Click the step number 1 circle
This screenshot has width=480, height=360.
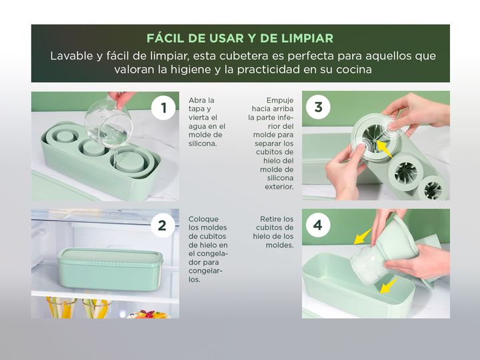[x=163, y=107]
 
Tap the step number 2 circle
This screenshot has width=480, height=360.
[x=162, y=225]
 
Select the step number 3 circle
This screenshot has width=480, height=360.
[x=319, y=107]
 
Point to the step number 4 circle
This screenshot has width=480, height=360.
[x=318, y=225]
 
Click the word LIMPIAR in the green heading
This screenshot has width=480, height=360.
[x=307, y=38]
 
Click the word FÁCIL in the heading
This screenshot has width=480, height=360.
[x=165, y=38]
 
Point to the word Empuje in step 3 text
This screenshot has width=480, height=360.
[x=280, y=101]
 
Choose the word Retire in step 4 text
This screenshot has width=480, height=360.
[x=271, y=219]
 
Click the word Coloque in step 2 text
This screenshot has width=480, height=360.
[x=203, y=219]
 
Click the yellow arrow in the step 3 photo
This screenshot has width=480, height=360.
[x=384, y=149]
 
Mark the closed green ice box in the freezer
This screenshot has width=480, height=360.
[x=110, y=269]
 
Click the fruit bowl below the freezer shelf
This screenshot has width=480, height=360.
[x=149, y=315]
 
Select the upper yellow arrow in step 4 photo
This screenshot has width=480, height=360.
[x=363, y=236]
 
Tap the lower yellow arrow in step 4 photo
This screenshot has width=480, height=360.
[x=389, y=285]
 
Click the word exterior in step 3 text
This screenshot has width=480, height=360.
[x=279, y=187]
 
